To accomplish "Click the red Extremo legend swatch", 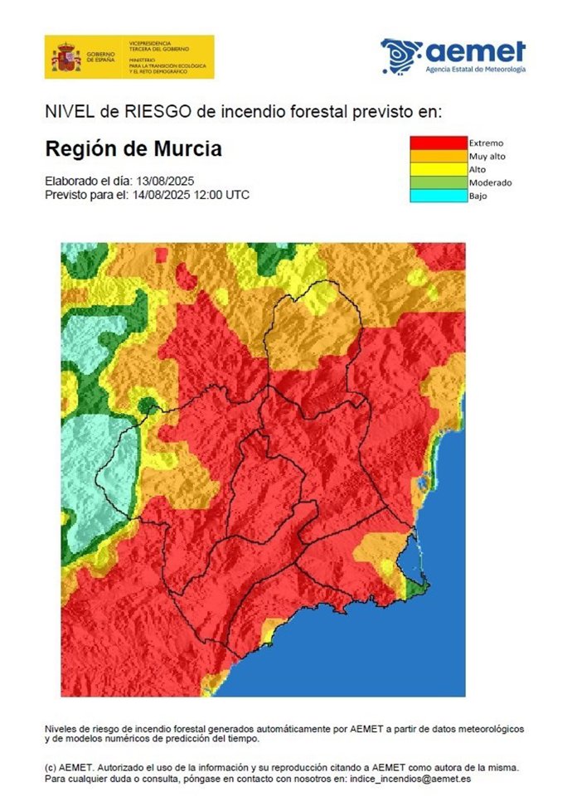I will click(438, 143).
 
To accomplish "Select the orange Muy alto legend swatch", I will click(438, 156).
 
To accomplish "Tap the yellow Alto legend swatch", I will click(438, 169).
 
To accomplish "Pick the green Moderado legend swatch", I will click(438, 182).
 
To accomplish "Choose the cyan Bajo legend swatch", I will click(438, 196).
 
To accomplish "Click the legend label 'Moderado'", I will click(490, 182).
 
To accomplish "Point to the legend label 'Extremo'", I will click(486, 143).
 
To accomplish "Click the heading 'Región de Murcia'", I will click(133, 150).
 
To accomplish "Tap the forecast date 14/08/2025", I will click(159, 195).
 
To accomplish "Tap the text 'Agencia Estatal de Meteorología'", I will click(475, 70).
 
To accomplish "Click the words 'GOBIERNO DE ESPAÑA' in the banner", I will click(99, 57).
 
